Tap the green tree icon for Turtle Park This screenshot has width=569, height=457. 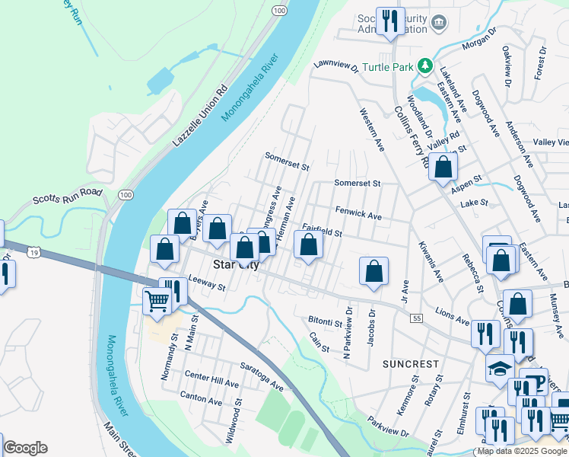pyautogui.click(x=428, y=67)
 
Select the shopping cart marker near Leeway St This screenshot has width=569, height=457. pyautogui.click(x=157, y=300)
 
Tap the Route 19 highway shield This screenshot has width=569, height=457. pyautogui.click(x=32, y=251)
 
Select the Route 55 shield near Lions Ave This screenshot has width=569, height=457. pyautogui.click(x=415, y=318)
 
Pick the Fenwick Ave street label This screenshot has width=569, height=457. pyautogui.click(x=358, y=216)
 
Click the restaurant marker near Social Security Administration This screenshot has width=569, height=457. pyautogui.click(x=391, y=21)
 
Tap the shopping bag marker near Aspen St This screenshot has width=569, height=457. pyautogui.click(x=443, y=166)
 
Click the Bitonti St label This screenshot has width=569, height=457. pyautogui.click(x=327, y=320)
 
